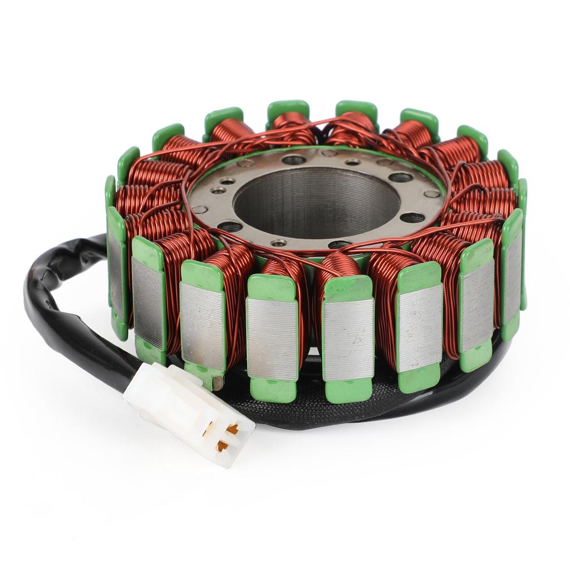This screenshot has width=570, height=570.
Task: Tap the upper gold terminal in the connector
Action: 233,429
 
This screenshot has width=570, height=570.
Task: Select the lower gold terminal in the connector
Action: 223,445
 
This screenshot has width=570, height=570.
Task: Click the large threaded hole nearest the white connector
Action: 229,226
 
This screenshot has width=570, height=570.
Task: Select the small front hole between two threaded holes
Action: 278,243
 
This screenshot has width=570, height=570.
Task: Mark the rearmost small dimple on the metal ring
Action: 329,153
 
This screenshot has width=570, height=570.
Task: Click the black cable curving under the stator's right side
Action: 473,384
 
